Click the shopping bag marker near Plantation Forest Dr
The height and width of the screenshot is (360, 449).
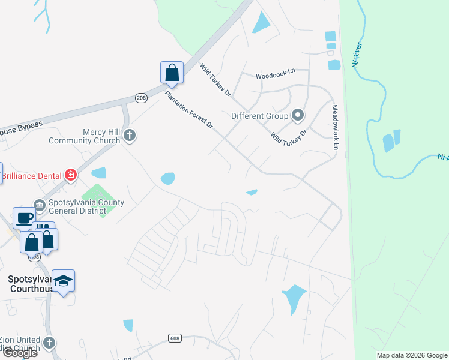click(172, 73)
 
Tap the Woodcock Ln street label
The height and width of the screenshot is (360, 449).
click(276, 76)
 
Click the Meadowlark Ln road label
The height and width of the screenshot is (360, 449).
click(336, 128)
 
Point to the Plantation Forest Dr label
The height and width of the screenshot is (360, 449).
click(190, 110)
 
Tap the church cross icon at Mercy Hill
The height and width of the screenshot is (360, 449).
click(129, 136)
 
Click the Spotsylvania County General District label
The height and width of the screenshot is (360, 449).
click(86, 206)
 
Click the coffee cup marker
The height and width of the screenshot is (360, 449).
click(25, 218)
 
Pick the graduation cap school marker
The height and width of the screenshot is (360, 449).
click(63, 281)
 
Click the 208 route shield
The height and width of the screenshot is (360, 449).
click(141, 98)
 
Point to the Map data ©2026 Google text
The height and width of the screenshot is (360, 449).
click(412, 355)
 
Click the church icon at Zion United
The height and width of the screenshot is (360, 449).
click(49, 343)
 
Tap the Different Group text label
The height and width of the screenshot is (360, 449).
click(260, 115)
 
